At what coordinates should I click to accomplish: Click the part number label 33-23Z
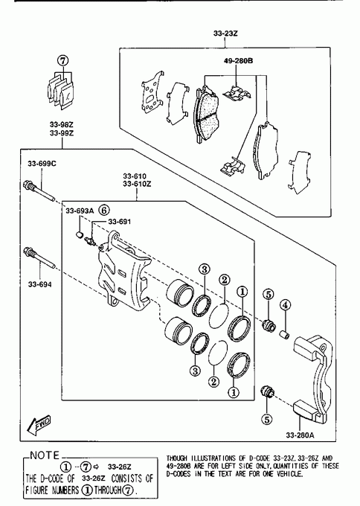225,33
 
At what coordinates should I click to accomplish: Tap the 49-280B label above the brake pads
238,61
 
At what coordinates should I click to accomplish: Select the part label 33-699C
42,164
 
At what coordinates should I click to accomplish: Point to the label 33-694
39,284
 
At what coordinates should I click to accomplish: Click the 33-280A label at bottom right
300,435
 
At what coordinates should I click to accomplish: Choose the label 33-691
119,222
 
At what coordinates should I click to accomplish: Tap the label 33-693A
80,211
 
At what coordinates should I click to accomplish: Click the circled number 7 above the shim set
63,61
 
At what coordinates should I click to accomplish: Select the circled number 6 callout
104,211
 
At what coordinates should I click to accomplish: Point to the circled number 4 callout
285,304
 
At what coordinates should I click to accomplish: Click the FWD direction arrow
39,424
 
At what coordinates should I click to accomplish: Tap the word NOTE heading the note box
45,455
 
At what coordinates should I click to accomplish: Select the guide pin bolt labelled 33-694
39,257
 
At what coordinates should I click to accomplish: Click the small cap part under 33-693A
80,234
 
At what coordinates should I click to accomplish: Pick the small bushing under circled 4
285,334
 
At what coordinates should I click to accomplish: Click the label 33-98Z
62,124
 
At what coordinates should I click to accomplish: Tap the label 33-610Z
137,185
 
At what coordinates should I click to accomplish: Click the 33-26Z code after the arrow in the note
120,467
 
